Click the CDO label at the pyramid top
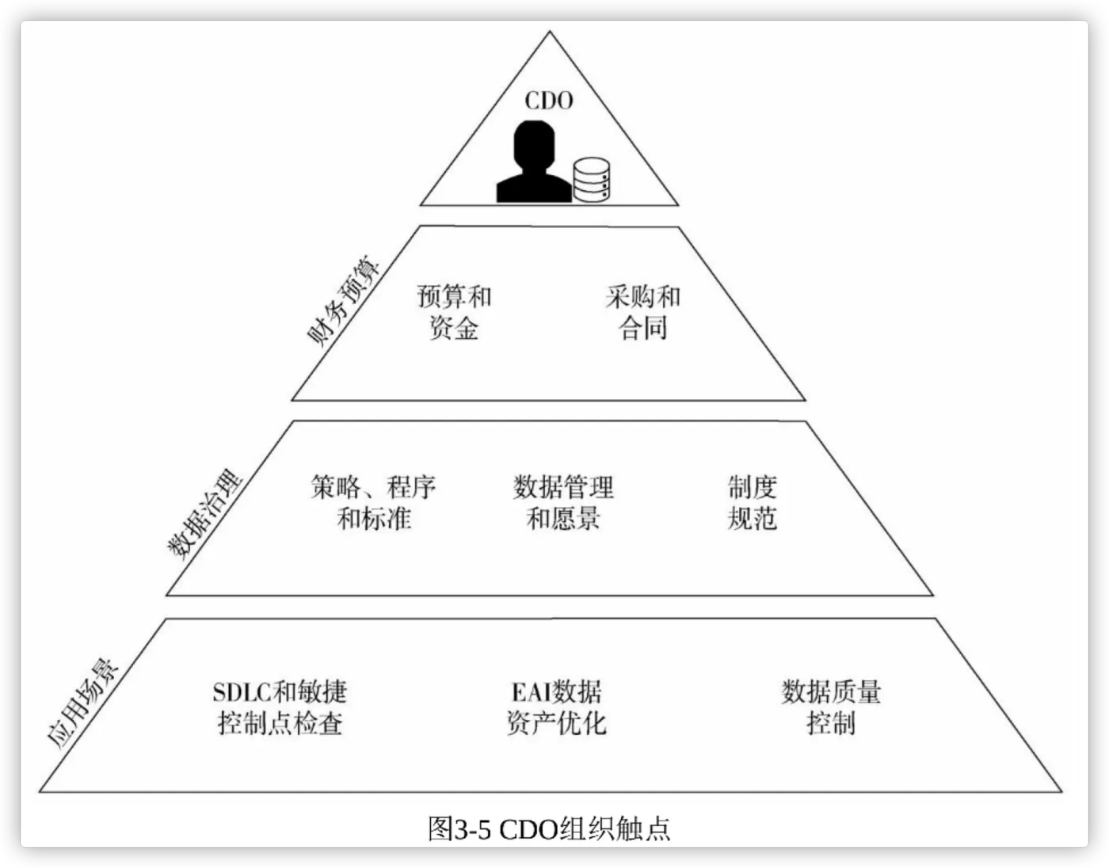(x=549, y=101)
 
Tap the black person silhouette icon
(x=535, y=162)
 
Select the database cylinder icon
(x=592, y=180)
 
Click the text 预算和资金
(x=454, y=312)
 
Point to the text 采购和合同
(x=643, y=312)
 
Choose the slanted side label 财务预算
(x=343, y=301)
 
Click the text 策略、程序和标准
(x=374, y=503)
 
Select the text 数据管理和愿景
(x=563, y=503)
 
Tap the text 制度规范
(x=753, y=503)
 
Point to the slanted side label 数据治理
(x=204, y=515)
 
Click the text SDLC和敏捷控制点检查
(x=280, y=708)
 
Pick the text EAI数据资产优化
(x=556, y=708)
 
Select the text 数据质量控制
(x=832, y=708)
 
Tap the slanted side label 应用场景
(x=82, y=704)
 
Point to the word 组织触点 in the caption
(x=615, y=828)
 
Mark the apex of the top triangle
(x=550, y=32)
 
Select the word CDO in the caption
(x=528, y=829)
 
